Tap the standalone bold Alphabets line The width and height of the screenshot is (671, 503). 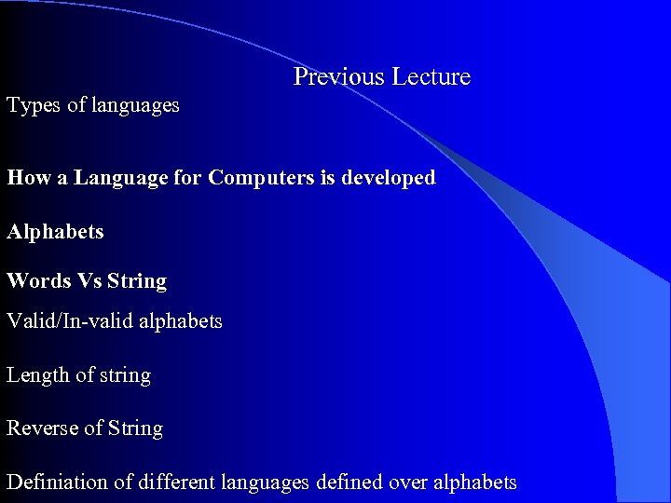click(x=55, y=231)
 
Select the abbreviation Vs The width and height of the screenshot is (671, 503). click(x=89, y=280)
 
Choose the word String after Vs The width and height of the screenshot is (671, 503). click(x=137, y=281)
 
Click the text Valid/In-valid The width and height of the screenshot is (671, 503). click(x=70, y=321)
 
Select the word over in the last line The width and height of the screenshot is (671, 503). click(x=405, y=483)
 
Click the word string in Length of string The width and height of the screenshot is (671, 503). click(x=125, y=375)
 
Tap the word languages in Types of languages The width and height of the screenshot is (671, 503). click(x=135, y=106)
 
